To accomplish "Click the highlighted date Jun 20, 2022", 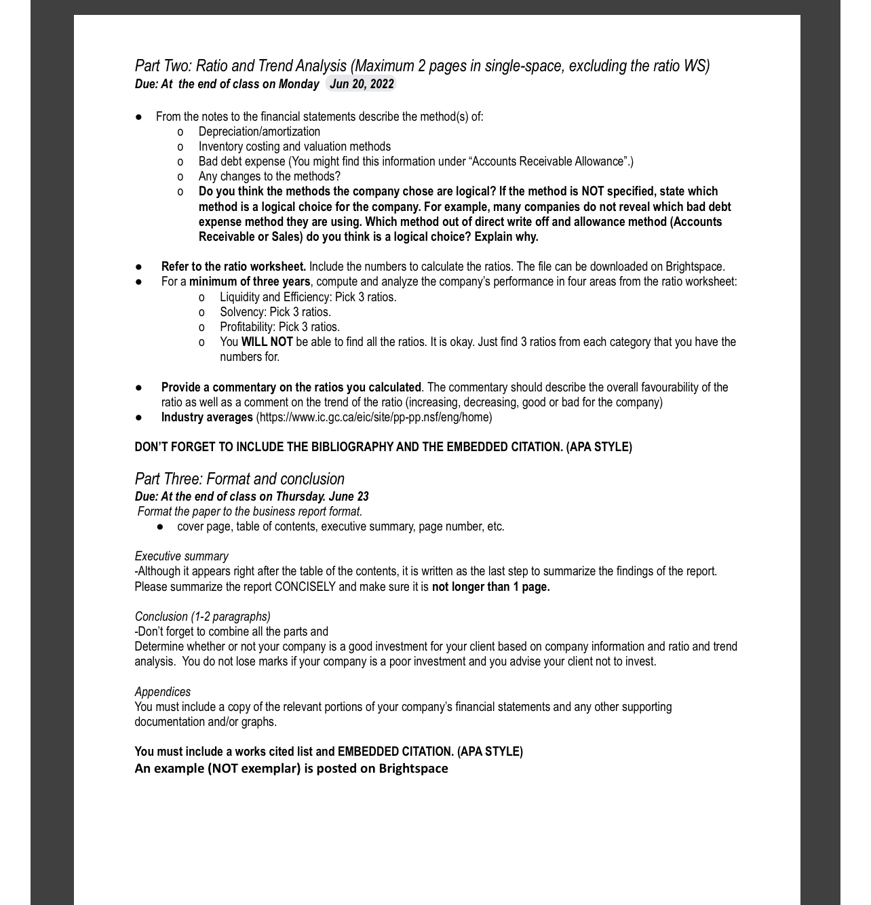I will point(361,84).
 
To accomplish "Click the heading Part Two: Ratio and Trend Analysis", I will point(241,66).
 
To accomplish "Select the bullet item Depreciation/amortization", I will point(259,132).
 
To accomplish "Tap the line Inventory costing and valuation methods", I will point(294,147).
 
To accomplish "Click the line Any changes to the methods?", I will point(269,176).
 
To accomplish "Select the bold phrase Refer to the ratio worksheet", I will point(233,267).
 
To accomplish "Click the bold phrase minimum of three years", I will point(249,282).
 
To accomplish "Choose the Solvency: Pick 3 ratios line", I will point(275,312).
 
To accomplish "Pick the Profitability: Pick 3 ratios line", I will point(279,327).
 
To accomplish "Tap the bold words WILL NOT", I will point(267,342).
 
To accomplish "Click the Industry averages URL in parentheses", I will point(374,417).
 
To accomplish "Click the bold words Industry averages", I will point(207,417).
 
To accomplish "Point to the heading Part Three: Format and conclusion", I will point(239,479).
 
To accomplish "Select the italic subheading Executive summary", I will point(181,556).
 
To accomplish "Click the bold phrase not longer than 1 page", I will point(490,587).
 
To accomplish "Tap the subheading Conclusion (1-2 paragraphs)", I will point(202,617).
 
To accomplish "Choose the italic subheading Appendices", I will point(162,692).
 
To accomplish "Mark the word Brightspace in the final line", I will point(413,769).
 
